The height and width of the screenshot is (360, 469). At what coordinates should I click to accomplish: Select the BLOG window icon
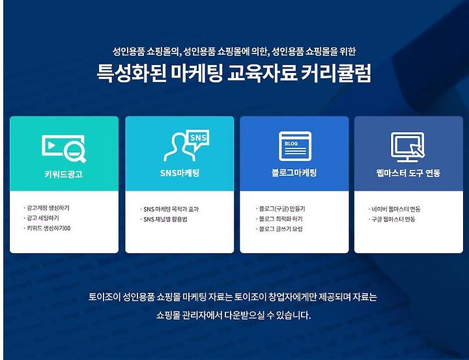295,146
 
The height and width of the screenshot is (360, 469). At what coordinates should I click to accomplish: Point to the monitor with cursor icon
408,147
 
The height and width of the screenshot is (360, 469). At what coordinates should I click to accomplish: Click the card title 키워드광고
63,174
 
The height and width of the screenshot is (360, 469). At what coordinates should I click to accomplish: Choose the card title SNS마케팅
180,173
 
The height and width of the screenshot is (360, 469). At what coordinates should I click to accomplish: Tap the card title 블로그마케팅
294,173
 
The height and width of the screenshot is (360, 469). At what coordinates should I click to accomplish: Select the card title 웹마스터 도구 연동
408,173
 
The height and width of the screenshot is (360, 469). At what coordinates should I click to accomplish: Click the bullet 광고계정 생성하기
48,208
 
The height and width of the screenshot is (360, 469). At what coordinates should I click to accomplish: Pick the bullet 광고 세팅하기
43,218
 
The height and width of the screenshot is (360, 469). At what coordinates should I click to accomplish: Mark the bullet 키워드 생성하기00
48,228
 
